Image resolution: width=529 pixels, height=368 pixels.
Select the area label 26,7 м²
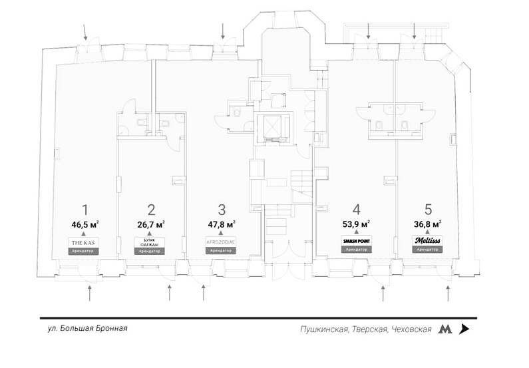[151, 224]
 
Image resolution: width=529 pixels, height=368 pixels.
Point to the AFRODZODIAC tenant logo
[222, 241]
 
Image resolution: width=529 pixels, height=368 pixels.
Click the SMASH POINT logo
[356, 239]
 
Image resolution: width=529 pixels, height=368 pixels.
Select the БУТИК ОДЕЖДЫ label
[151, 243]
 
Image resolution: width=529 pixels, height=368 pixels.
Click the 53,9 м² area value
[356, 224]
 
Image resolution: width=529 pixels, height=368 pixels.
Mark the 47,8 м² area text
[222, 224]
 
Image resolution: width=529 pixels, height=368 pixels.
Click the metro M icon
[444, 329]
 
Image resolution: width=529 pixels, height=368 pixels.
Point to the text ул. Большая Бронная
[87, 329]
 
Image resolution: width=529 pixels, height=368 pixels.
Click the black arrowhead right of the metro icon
[464, 329]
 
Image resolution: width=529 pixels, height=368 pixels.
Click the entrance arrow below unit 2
[170, 291]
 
